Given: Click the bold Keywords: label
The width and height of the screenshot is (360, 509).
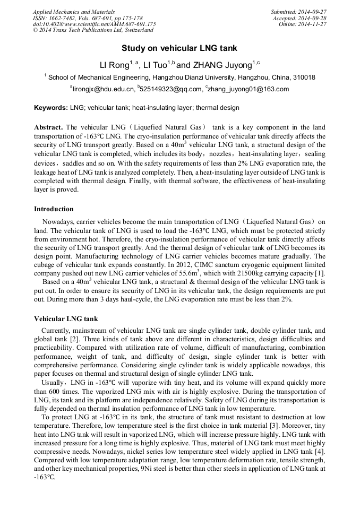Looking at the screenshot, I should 51,108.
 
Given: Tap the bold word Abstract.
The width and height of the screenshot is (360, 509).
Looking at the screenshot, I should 48,127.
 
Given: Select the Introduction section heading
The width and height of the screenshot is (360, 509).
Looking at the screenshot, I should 54,209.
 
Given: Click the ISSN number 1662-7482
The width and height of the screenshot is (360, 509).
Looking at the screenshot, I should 62,18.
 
